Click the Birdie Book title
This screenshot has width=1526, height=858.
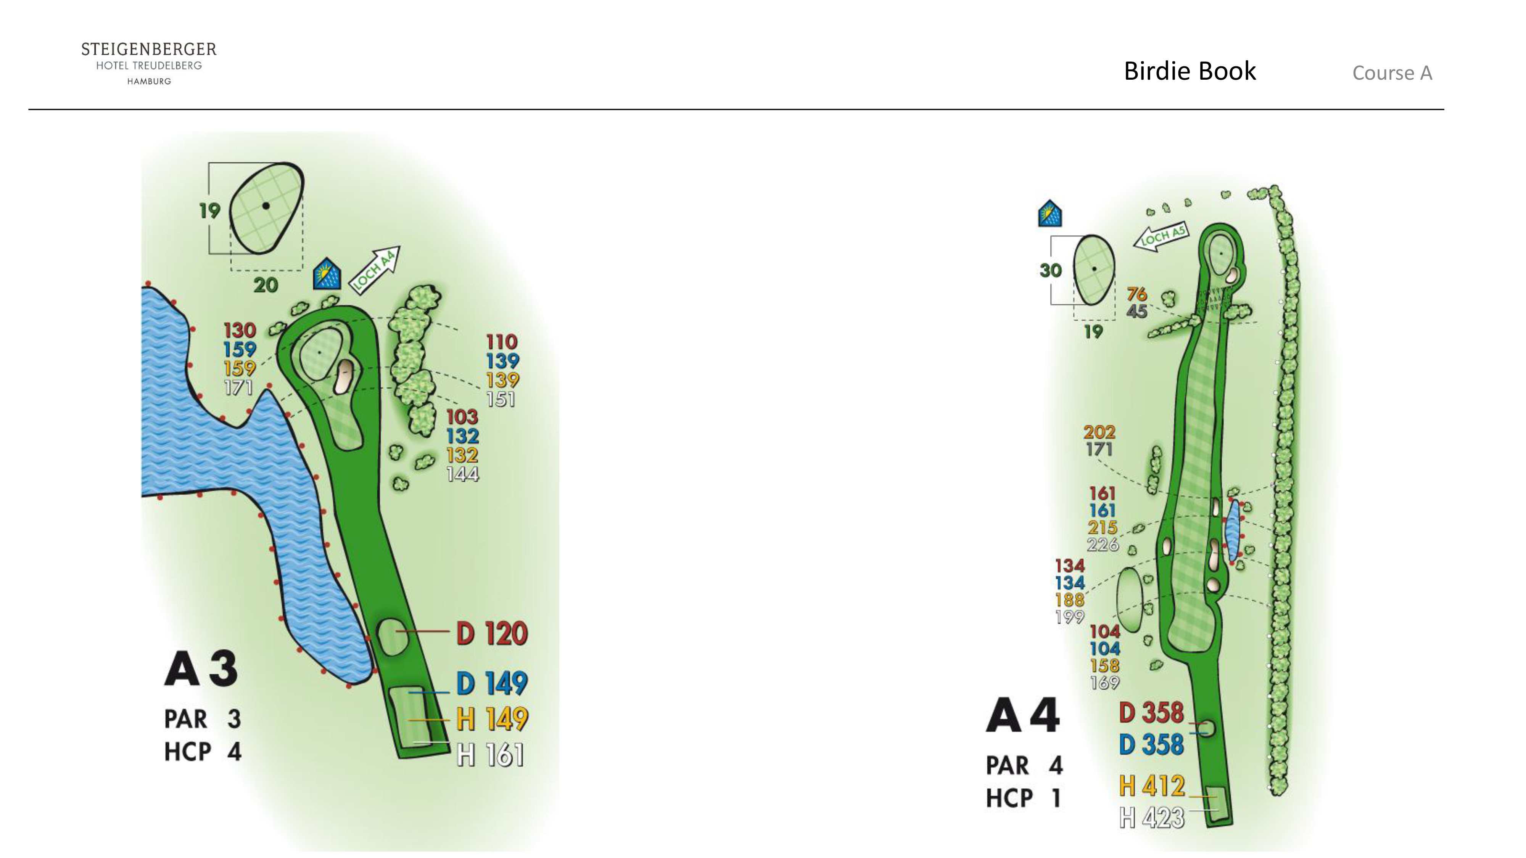(1190, 71)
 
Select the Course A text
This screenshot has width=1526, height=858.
(1392, 73)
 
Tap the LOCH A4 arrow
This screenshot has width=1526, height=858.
(374, 270)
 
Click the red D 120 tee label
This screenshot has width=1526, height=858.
(492, 633)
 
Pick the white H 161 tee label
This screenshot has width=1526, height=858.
(491, 755)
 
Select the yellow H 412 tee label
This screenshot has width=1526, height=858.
(1152, 786)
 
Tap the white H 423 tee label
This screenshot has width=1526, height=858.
(1152, 818)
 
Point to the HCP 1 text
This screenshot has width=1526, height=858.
(1023, 798)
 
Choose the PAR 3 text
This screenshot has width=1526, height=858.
(203, 719)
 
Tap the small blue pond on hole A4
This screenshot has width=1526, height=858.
(1234, 530)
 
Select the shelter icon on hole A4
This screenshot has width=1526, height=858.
(1050, 214)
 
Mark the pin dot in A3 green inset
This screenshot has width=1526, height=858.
(266, 206)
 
